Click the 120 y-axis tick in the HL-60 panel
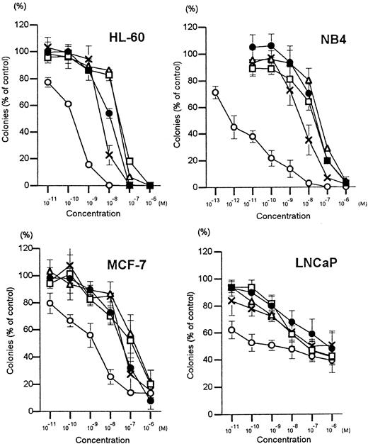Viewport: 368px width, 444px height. [x=25, y=26]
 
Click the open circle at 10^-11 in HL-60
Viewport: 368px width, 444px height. [x=47, y=82]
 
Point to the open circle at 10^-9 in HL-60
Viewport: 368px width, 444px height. [x=88, y=165]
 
